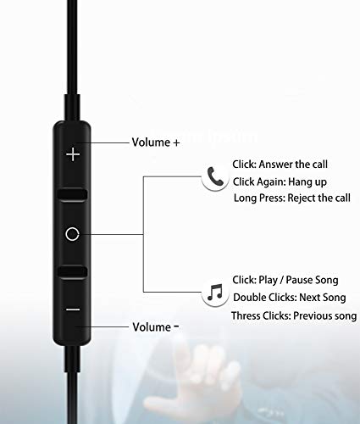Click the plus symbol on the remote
73,154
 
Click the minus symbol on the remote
73,310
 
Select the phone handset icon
216,176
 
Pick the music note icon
215,293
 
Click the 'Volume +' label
156,142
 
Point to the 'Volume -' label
156,327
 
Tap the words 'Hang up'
307,181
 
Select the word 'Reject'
302,198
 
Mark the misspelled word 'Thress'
246,315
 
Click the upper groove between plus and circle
72,194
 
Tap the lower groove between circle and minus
72,271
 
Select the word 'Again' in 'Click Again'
271,181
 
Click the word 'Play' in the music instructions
268,280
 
